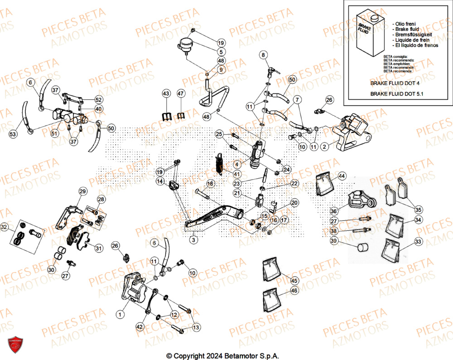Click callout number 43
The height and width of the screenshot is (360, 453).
click(166, 93)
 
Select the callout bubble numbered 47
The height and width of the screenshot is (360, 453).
click(181, 93)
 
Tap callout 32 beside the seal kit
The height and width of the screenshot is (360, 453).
click(5, 227)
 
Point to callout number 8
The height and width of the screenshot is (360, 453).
click(263, 55)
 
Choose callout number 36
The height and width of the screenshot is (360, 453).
click(333, 211)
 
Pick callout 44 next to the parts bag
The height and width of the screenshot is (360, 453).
click(341, 175)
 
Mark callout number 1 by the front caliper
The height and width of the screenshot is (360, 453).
click(120, 314)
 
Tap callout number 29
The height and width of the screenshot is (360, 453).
click(82, 191)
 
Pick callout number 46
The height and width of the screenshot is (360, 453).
click(294, 290)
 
